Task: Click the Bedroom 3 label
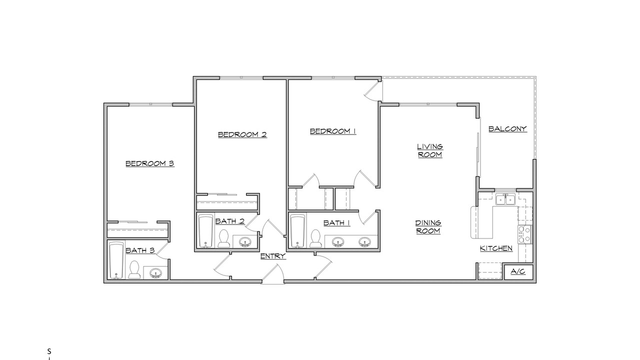pos(150,163)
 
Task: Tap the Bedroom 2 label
pos(242,134)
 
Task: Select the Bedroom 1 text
pos(333,131)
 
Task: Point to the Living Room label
pos(430,150)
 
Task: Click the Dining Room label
pos(428,227)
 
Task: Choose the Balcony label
pos(507,129)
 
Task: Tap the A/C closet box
pos(518,271)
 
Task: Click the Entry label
pos(273,256)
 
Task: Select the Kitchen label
pos(496,248)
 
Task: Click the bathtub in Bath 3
pos(116,260)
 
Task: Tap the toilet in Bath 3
pos(134,269)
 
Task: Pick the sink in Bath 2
pos(245,242)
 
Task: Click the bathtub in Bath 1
pos(298,231)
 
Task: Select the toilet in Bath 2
pos(223,238)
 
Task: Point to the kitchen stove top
pos(525,234)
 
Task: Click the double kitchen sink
pos(505,199)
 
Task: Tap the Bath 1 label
pos(337,223)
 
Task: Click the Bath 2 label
pos(230,221)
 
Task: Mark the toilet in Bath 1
pos(315,238)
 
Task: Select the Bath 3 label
pos(140,250)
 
